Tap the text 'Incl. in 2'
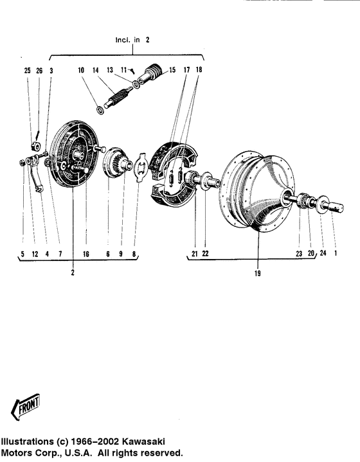[x=132, y=40]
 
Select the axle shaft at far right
[x=336, y=208]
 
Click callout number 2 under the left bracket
[x=73, y=272]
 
